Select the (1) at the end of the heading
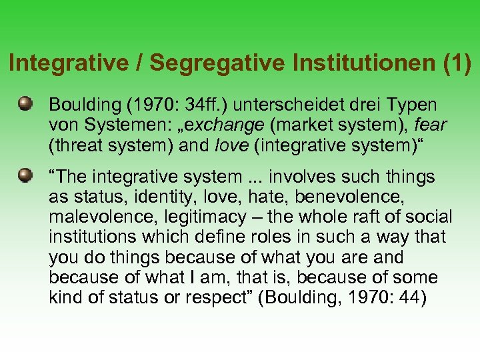(x=457, y=63)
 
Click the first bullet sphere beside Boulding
(x=26, y=104)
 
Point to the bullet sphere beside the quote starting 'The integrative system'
(x=26, y=176)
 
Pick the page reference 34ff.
(x=217, y=105)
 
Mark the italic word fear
(x=430, y=125)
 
